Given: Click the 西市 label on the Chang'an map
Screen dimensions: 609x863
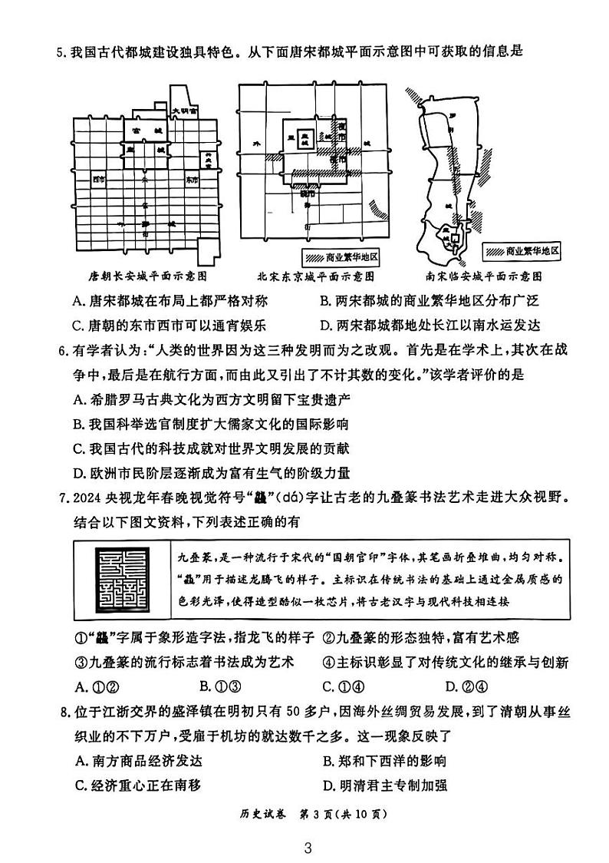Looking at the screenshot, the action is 97,180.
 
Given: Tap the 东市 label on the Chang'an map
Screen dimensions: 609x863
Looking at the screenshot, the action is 191,180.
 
